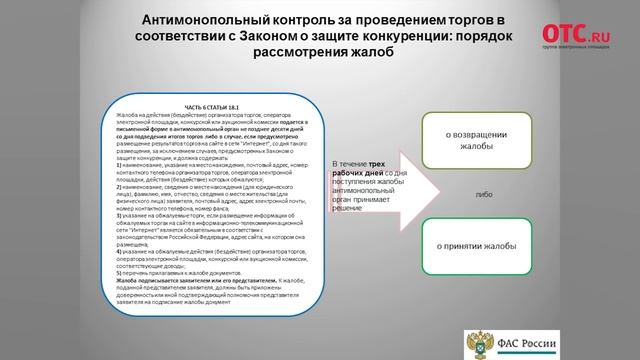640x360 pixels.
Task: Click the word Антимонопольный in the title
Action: click(x=205, y=21)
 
